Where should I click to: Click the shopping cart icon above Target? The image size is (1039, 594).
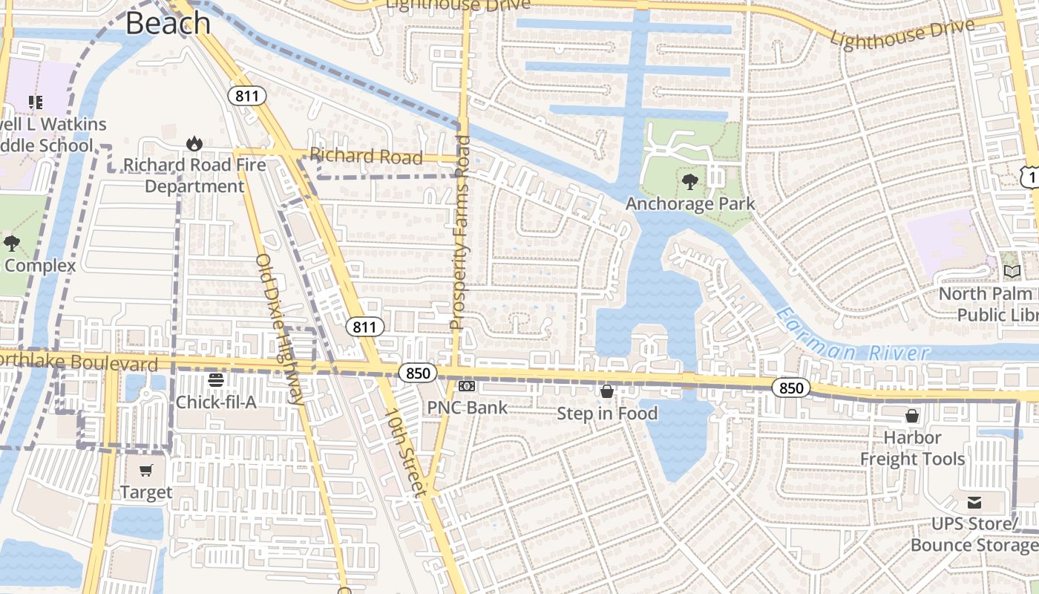pos(146,470)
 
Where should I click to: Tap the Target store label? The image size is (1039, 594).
pos(146,492)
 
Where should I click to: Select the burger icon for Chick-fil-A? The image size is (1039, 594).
pos(216,380)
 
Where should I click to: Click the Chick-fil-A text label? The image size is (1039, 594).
pos(216,402)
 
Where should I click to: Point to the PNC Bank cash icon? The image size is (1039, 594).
pos(467,386)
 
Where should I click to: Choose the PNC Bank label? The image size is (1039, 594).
pos(467,408)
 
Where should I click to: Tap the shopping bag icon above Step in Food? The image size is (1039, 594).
pos(607,391)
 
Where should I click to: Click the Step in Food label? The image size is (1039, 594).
pos(607,414)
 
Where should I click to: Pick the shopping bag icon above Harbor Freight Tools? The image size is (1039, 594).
pos(912,416)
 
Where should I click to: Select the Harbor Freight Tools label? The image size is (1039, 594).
pos(912,448)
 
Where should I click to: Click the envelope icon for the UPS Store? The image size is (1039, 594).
pos(974,503)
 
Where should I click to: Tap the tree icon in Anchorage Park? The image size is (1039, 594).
pos(690,181)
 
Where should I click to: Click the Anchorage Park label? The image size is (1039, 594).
pos(690,203)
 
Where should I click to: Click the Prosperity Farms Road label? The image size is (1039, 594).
pos(461,232)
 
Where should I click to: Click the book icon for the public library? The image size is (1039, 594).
pos(1011,272)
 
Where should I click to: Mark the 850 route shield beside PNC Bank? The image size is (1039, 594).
pos(418,373)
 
